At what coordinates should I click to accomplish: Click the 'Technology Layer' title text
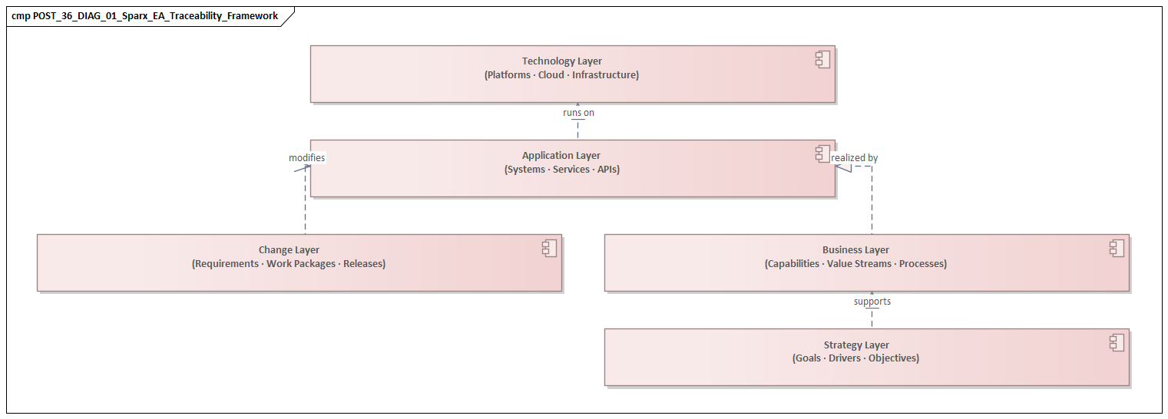coord(562,61)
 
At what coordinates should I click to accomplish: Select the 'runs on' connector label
coord(578,113)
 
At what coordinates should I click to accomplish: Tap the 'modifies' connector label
coord(306,158)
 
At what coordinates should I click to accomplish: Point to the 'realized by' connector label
coord(855,158)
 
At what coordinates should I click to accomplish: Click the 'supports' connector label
coord(872,302)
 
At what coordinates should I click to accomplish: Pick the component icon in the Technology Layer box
coord(822,60)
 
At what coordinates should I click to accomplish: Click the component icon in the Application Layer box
coord(822,153)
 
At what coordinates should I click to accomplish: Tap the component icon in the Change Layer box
coord(549,248)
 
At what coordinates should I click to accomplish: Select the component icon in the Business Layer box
coord(1117,248)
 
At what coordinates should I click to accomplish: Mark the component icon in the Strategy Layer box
coord(1117,343)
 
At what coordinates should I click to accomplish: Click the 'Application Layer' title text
coord(561,156)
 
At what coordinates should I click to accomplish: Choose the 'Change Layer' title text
coord(289,250)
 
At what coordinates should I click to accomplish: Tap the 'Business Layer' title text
coord(855,250)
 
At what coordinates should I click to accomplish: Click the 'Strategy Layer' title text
coord(855,345)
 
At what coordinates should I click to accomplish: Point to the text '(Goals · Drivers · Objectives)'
coord(855,358)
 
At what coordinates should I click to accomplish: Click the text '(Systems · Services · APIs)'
coord(561,170)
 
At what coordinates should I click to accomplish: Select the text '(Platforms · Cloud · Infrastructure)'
coord(562,75)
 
